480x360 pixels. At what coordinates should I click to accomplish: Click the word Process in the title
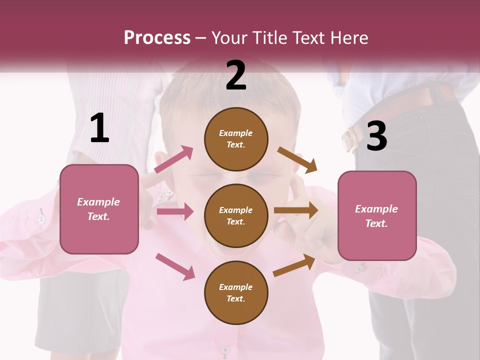pos(157,37)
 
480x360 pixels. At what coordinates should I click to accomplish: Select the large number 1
pos(99,128)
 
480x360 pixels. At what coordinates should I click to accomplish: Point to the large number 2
pos(236,75)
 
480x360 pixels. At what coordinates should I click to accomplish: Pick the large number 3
pos(376,136)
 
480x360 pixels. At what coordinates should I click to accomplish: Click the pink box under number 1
pos(99,209)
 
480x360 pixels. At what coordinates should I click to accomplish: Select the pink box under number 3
pos(377,215)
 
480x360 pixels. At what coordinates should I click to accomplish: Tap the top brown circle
pos(236,139)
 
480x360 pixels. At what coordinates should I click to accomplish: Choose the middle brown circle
pos(236,215)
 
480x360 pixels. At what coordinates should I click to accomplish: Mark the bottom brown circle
pos(236,292)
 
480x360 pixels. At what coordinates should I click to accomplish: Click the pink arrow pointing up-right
pos(173,159)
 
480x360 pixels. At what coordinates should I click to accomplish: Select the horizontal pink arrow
pos(175,211)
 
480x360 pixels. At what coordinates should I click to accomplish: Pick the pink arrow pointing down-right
pos(175,266)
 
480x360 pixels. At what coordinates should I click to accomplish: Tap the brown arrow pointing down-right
pos(297,159)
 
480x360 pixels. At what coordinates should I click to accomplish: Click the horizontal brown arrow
pos(296,210)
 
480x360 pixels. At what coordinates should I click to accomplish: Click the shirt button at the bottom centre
pos(225,349)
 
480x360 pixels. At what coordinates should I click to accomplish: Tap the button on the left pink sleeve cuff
pos(41,218)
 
